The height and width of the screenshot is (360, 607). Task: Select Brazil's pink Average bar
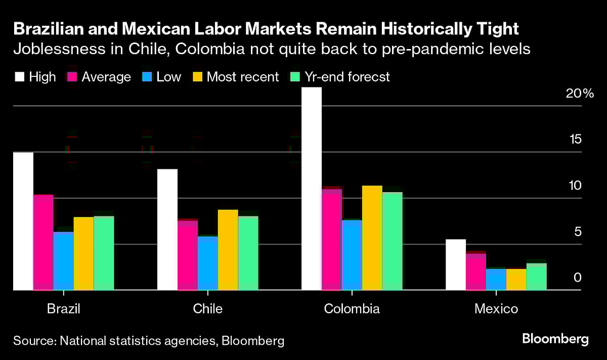point(43,242)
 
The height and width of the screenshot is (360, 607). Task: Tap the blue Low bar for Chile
point(208,263)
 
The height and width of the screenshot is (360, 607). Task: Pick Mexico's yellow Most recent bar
point(516,279)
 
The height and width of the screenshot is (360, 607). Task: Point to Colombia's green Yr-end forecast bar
point(392,241)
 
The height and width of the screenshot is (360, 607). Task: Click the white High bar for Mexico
point(455,264)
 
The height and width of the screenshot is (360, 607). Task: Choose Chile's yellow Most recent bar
point(228,250)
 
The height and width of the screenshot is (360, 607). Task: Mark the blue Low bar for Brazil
point(63,261)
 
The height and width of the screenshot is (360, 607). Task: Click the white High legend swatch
point(19,77)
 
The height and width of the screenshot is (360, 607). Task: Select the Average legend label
point(106,77)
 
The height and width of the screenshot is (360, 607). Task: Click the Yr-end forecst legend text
point(346,77)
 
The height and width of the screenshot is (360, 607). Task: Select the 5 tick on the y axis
point(577,232)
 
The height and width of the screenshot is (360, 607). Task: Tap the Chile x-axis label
point(207,308)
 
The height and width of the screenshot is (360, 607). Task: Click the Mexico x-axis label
point(496,308)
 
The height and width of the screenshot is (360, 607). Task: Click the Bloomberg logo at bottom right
point(555,339)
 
